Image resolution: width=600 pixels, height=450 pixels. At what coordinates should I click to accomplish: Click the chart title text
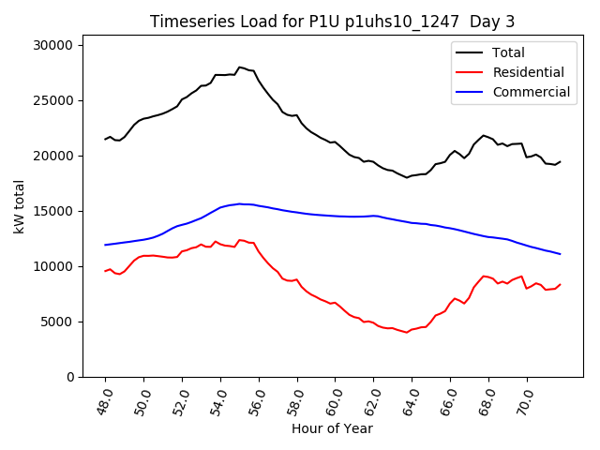point(331,22)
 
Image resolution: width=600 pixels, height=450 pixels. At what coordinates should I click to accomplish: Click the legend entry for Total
point(508,52)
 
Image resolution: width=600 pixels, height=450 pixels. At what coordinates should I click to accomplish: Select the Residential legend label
point(528,72)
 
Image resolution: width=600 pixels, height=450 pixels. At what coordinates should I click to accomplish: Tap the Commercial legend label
point(531,92)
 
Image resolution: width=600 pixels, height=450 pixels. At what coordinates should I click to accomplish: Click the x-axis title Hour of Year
point(331,429)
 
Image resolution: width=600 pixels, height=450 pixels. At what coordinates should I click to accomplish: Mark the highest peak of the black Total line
point(240,67)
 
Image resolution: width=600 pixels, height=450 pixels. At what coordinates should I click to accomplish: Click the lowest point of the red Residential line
point(407,333)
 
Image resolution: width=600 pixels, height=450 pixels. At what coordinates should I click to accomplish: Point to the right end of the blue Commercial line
point(560,254)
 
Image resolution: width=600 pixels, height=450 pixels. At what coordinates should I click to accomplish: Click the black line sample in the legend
point(470,52)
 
